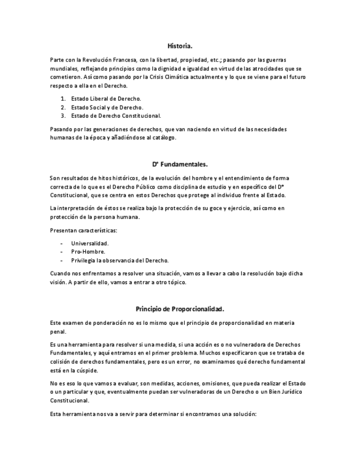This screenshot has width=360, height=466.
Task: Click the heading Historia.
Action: (x=180, y=46)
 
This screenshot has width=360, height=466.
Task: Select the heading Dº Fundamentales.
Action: (x=180, y=164)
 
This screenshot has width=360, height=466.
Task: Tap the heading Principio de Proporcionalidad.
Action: (x=180, y=308)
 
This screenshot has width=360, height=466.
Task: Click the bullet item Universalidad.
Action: (x=90, y=243)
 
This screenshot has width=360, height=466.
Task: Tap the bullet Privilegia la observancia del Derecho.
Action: (x=120, y=260)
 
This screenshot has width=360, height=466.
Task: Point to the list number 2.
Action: (x=63, y=107)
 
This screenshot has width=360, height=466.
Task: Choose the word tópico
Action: (x=177, y=282)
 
